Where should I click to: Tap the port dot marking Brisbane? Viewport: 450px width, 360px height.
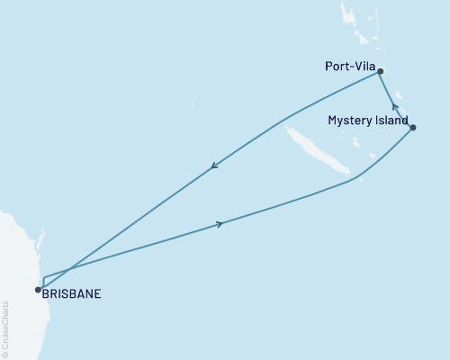click(x=37, y=290)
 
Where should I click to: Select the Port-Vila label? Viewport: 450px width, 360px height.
click(x=349, y=66)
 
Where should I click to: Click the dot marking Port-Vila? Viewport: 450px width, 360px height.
click(x=381, y=71)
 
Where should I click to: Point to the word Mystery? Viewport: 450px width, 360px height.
click(x=347, y=121)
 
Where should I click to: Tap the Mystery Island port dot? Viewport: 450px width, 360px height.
click(x=412, y=128)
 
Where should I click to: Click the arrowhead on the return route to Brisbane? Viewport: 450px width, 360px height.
click(x=214, y=166)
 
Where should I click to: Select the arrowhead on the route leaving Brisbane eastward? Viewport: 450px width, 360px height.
click(x=219, y=224)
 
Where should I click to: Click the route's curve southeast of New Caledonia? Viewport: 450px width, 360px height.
click(x=355, y=179)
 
